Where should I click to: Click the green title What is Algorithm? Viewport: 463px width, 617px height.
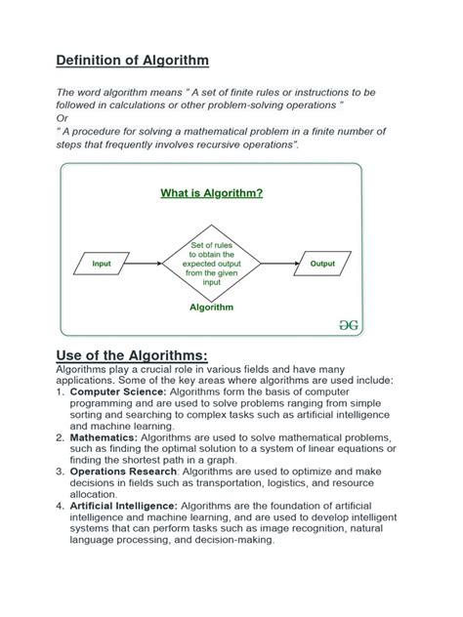pyautogui.click(x=211, y=192)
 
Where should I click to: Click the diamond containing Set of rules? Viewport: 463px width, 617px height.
pyautogui.click(x=211, y=264)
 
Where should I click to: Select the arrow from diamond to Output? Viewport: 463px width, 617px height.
pyautogui.click(x=279, y=264)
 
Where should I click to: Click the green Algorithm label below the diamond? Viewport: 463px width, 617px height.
pyautogui.click(x=211, y=307)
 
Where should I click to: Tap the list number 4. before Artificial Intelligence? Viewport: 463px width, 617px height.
pyautogui.click(x=61, y=507)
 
